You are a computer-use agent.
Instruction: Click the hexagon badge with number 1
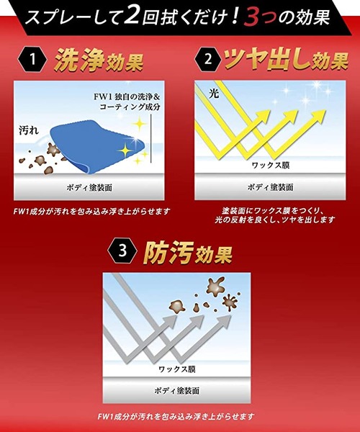32,59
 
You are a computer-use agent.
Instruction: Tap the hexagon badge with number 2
209,59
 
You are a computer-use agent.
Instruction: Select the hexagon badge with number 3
122,251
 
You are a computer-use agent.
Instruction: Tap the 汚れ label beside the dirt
29,130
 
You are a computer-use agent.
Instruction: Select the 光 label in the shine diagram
214,94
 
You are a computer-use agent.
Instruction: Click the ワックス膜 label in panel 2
271,166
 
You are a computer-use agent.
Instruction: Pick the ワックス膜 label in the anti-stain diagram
177,369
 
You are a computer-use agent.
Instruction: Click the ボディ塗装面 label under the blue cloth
89,188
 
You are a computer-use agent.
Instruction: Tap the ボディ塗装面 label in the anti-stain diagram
177,390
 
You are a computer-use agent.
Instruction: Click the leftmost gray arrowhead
168,323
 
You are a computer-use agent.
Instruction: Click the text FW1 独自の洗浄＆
127,97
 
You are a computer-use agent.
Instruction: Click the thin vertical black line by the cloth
151,139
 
